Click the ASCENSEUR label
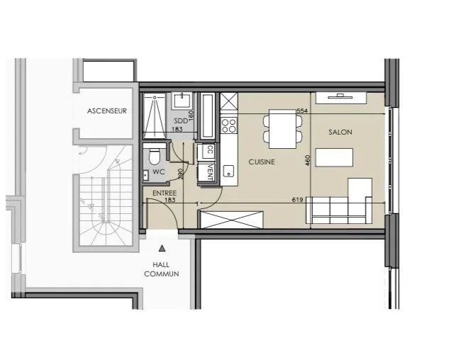pos(107,111)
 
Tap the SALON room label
pos(340,132)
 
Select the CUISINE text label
pos(262,162)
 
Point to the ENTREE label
pos(164,193)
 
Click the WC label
pos(158,171)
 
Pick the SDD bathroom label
pos(181,120)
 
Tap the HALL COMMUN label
pos(162,269)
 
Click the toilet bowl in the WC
pos(155,157)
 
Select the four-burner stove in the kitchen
pos(228,125)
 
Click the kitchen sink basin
pos(228,171)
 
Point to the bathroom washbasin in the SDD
pos(182,101)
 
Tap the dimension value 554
pos(302,111)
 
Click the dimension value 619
pos(297,200)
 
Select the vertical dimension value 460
pos(307,160)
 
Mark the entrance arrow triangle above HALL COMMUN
pos(162,248)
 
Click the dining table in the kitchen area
pos(282,129)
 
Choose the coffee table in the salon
pos(334,157)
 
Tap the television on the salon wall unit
pos(340,96)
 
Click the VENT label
pos(211,172)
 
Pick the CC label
pos(211,150)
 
